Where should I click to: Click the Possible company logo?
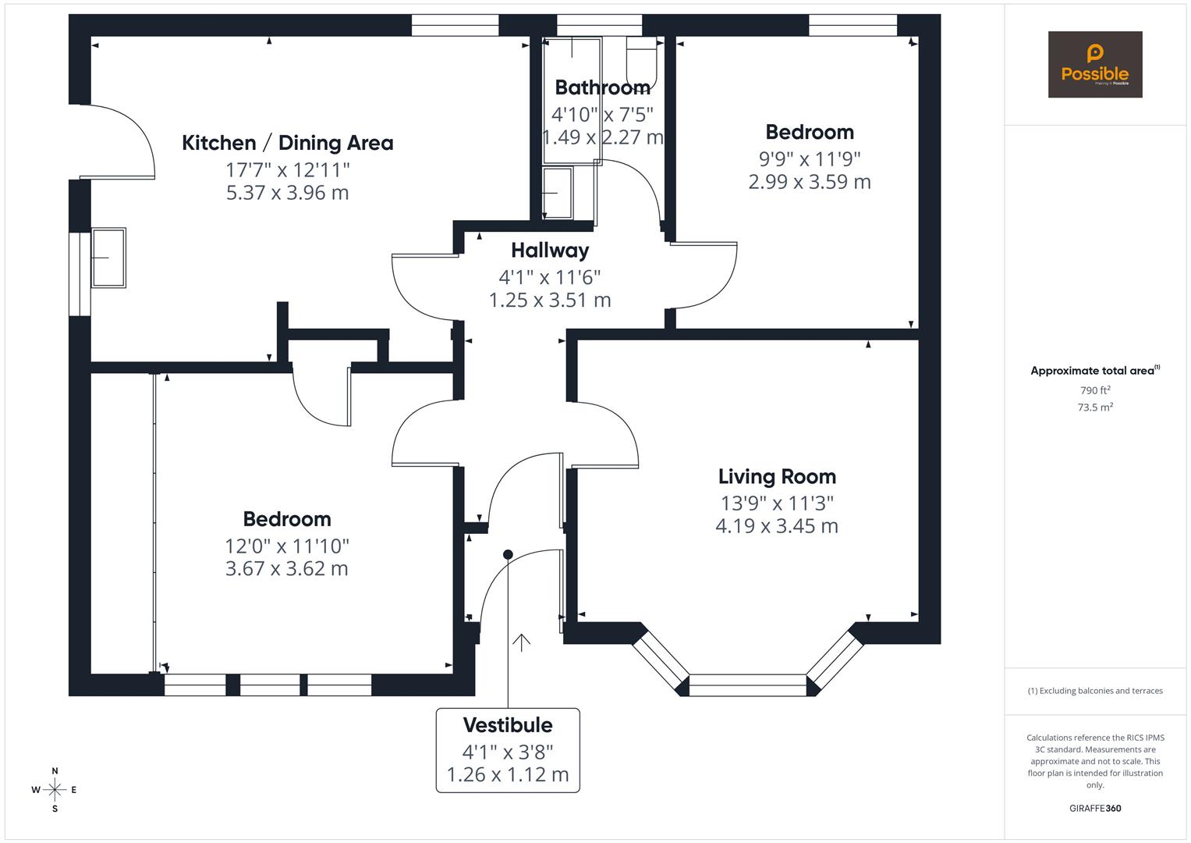pos(1094,64)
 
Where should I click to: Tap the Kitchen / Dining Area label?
pos(287,143)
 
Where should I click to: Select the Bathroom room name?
pos(602,87)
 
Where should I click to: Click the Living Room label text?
pos(776,476)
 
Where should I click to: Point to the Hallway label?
pos(550,251)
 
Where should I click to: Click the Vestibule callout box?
pos(508,749)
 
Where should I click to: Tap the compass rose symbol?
pos(55,789)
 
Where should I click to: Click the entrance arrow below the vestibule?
pos(521,642)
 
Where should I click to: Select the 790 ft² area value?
pos(1094,390)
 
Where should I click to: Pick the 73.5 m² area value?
pos(1094,407)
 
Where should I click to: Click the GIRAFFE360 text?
pos(1094,808)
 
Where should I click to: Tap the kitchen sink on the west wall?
pos(108,258)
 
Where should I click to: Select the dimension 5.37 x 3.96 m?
pos(287,192)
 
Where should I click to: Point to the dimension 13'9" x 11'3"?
pos(776,503)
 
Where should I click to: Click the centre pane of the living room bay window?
pos(747,685)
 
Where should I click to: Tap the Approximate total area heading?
pos(1094,371)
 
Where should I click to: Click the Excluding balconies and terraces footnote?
pos(1094,691)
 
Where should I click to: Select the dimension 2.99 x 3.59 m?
pos(809,182)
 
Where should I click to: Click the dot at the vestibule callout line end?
pos(508,554)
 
